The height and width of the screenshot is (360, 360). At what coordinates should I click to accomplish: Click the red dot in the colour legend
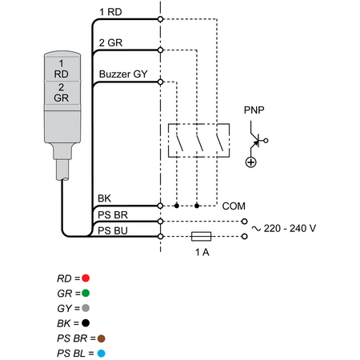coord(86,278)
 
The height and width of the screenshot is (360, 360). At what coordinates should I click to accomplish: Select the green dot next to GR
coord(86,293)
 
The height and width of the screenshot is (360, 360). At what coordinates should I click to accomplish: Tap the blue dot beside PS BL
coord(102,354)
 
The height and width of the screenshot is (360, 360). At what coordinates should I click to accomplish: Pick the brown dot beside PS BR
coord(102,338)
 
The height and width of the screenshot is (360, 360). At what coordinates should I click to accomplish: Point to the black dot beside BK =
coord(86,323)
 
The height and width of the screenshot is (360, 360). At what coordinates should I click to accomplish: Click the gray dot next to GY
coord(86,308)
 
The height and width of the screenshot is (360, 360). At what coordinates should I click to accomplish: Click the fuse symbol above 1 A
coord(202,236)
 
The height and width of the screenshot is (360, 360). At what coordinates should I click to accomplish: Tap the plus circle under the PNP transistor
coord(250,162)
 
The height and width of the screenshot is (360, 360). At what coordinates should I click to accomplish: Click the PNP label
coord(254,110)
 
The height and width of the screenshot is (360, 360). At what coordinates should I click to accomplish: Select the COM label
coord(234,206)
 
